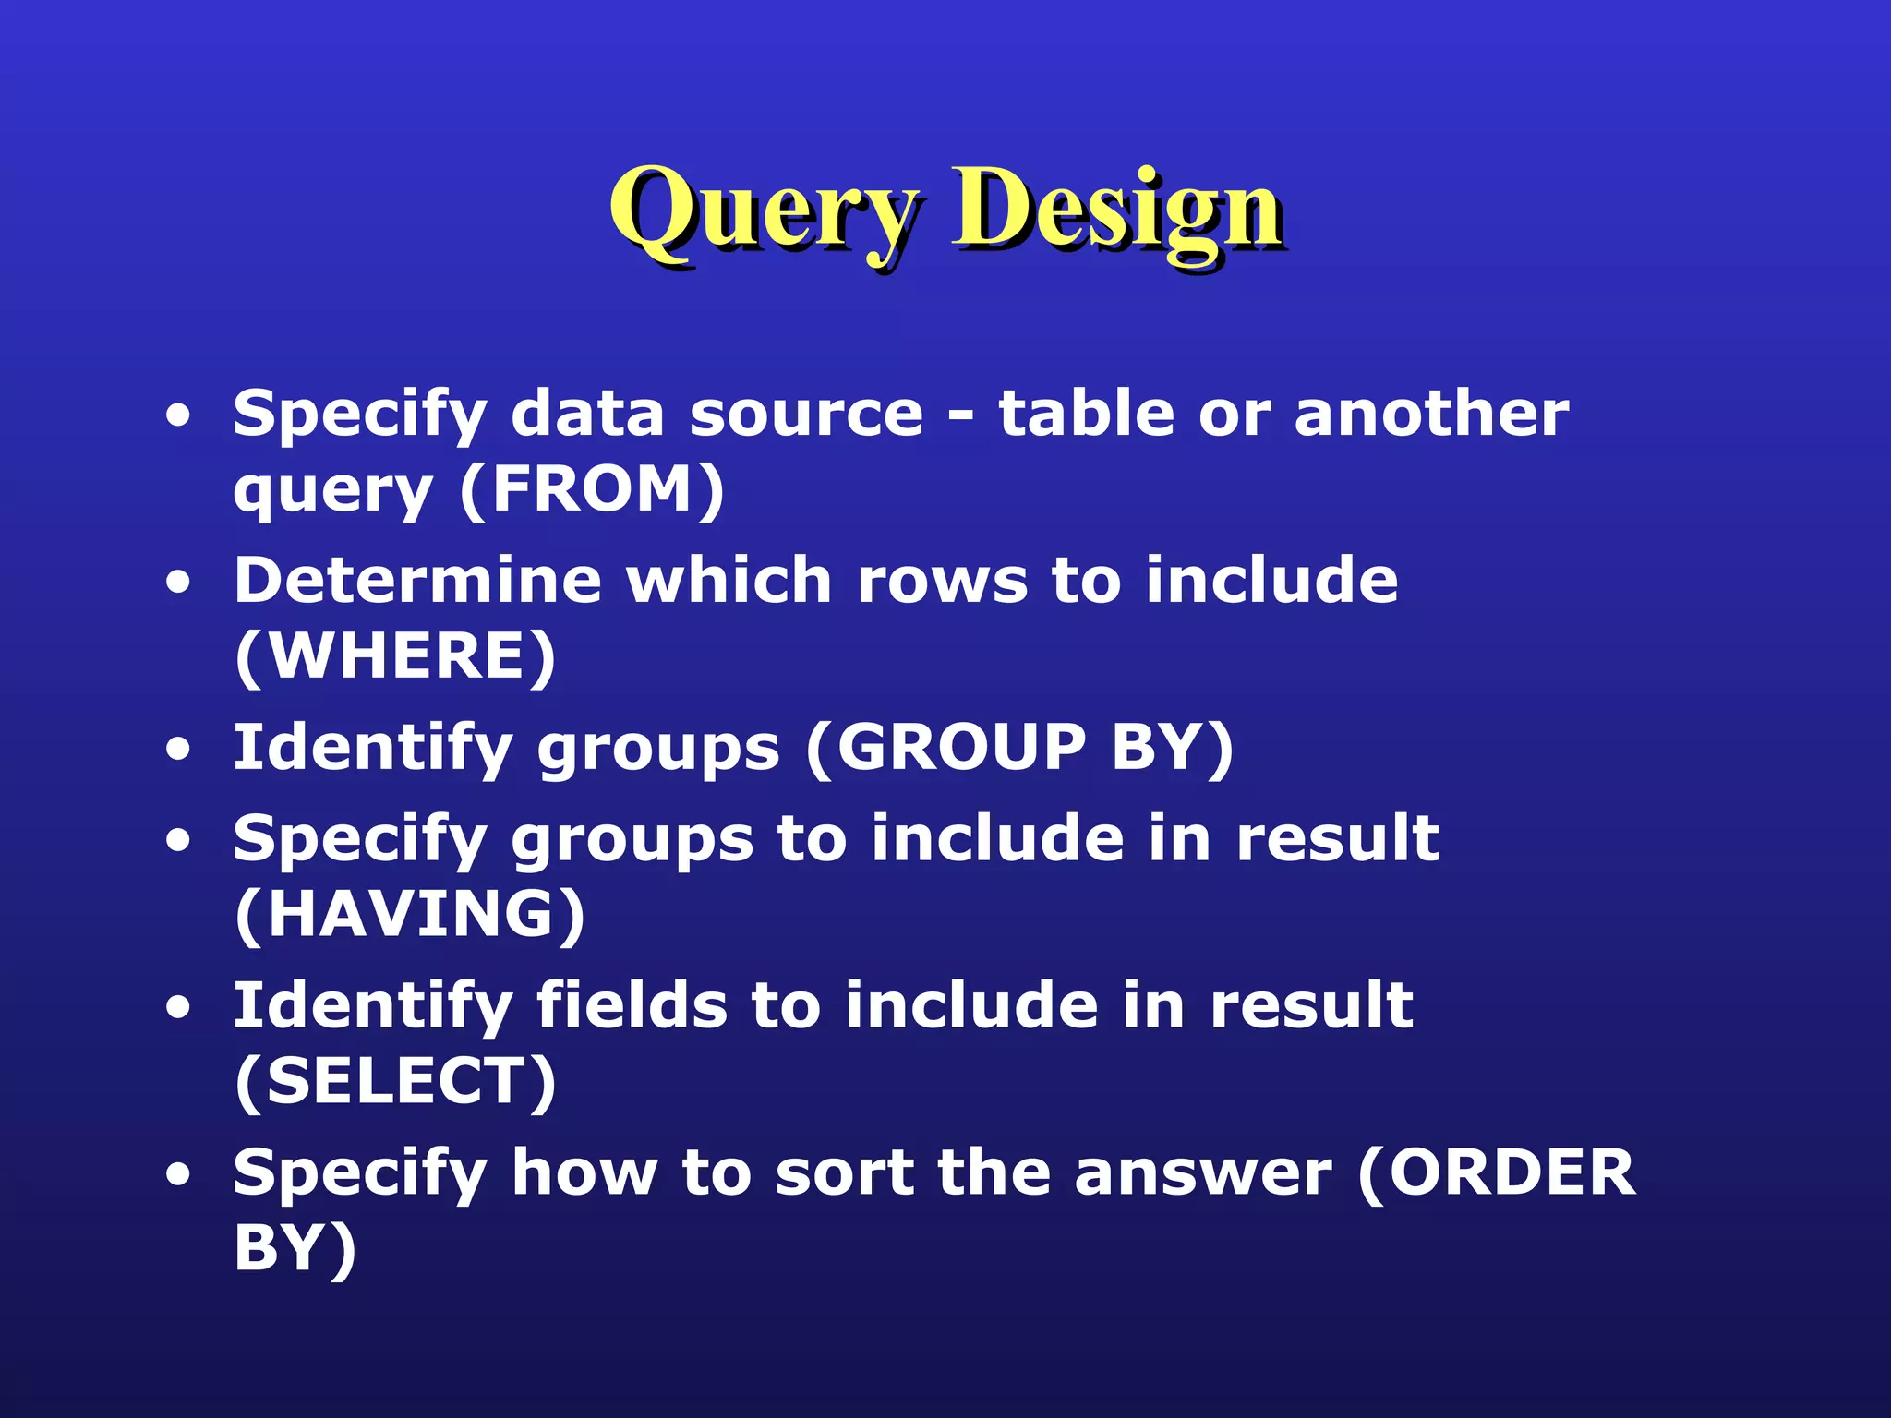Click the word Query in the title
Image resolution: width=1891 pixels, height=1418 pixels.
click(765, 210)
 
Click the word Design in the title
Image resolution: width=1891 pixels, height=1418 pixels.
click(1117, 210)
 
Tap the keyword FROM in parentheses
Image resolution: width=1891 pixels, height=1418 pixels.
click(593, 489)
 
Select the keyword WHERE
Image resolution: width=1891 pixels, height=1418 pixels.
click(397, 656)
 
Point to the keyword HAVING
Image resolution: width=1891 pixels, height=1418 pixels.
click(411, 915)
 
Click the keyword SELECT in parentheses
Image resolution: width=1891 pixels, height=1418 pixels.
click(397, 1082)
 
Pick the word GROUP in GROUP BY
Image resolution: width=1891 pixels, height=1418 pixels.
click(960, 747)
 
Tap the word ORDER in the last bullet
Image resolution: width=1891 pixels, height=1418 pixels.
click(1512, 1172)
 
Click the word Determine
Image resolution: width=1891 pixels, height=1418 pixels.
click(417, 581)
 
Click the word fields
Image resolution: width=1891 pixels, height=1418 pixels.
click(632, 1005)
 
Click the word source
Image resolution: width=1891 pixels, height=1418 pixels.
click(806, 415)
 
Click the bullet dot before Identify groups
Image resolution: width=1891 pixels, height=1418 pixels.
click(178, 749)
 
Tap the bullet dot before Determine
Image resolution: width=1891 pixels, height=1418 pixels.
click(178, 583)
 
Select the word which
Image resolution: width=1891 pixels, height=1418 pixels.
click(729, 581)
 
